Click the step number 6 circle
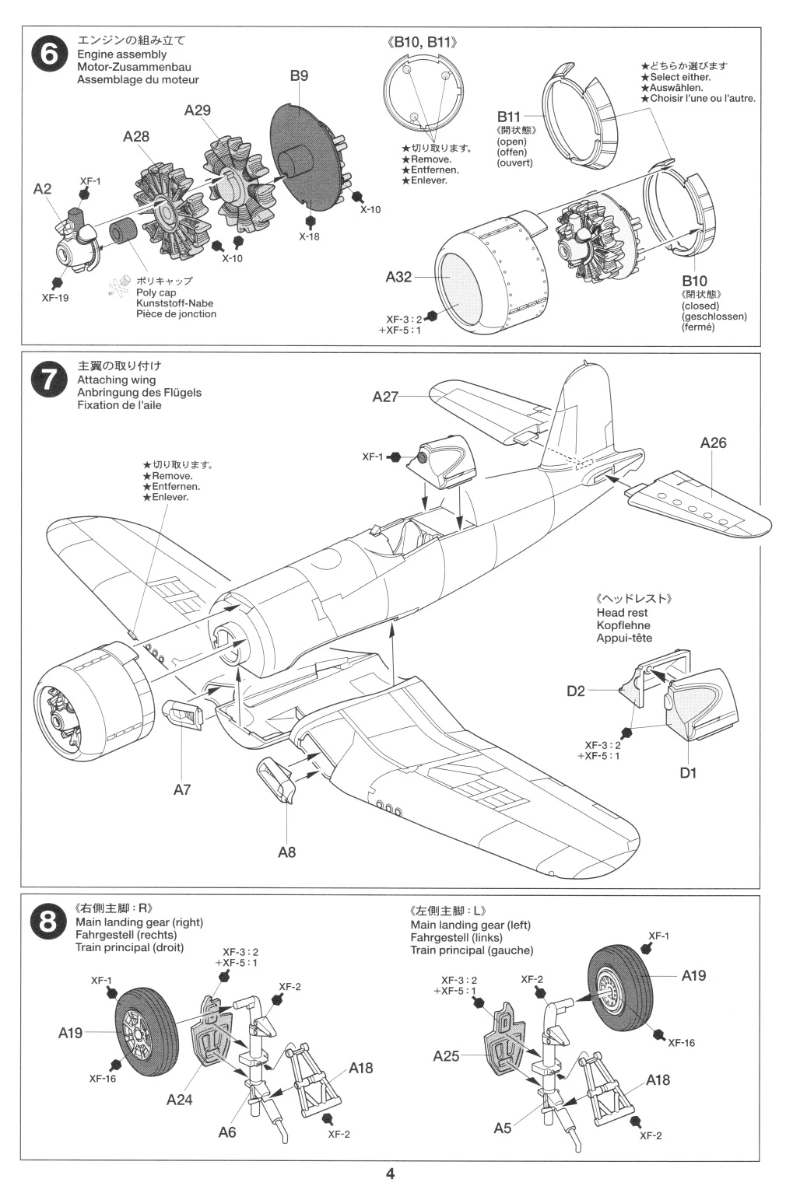[x=47, y=55]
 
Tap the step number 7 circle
[x=47, y=380]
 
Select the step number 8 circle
[x=47, y=922]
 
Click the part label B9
[x=299, y=75]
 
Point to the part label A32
[x=398, y=277]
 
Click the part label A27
[x=385, y=397]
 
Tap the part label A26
[x=713, y=443]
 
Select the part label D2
[x=575, y=690]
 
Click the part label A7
[x=182, y=790]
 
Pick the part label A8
[x=286, y=852]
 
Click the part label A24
[x=179, y=1100]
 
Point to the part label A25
[x=446, y=1056]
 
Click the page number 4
[x=390, y=1174]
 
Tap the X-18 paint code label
[x=309, y=236]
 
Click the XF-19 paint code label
[x=55, y=298]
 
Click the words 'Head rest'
[x=622, y=613]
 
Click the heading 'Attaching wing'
[x=116, y=380]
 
